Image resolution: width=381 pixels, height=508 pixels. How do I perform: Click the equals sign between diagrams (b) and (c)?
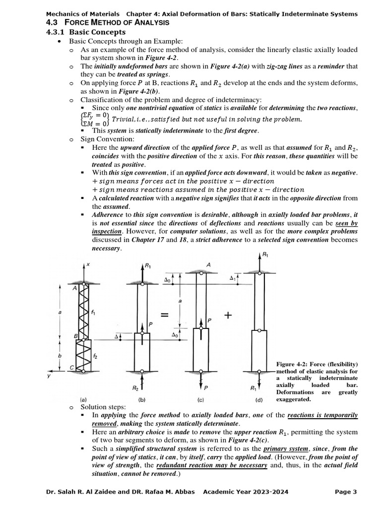point(164,316)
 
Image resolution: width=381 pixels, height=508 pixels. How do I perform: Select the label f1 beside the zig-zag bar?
point(93,312)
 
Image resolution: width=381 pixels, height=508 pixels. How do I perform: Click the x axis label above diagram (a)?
point(88,265)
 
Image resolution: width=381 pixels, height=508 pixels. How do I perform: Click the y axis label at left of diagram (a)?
point(48,377)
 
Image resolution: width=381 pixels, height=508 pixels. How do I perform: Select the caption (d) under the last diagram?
point(258,399)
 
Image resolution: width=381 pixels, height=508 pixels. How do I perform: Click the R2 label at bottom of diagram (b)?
point(135,388)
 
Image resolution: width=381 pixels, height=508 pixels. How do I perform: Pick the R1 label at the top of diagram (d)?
point(265,254)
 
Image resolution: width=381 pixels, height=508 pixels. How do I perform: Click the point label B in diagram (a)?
point(76,336)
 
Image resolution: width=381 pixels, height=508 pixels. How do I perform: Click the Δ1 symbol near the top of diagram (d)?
point(232,279)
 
